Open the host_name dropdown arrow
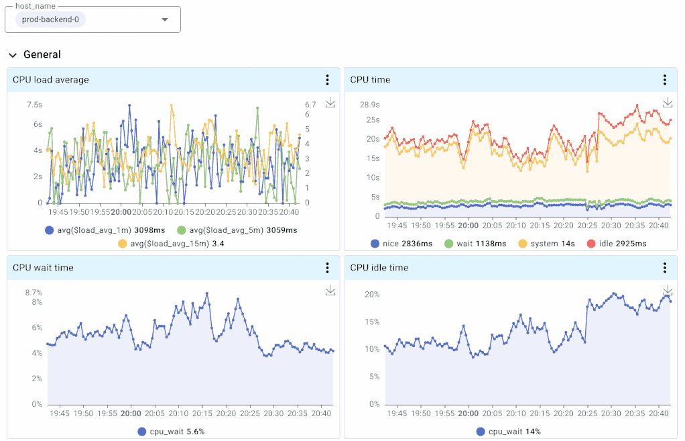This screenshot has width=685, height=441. [x=165, y=19]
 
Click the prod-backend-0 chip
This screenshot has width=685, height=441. [x=50, y=19]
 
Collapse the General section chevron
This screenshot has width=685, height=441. [x=13, y=55]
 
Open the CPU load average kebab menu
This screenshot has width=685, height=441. [x=327, y=80]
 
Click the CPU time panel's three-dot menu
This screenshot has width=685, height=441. [x=664, y=80]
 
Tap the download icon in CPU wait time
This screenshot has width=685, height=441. [x=330, y=291]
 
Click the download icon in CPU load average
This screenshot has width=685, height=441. [x=330, y=103]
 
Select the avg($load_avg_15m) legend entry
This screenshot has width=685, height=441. [x=171, y=244]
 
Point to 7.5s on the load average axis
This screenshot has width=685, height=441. [x=34, y=105]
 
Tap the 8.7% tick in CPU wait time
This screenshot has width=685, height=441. [x=34, y=293]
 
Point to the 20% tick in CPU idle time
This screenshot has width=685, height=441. [x=372, y=295]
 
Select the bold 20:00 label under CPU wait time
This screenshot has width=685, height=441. [x=131, y=414]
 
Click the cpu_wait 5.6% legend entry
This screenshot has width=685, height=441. [x=171, y=432]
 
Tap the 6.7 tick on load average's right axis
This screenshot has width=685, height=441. [x=310, y=105]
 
